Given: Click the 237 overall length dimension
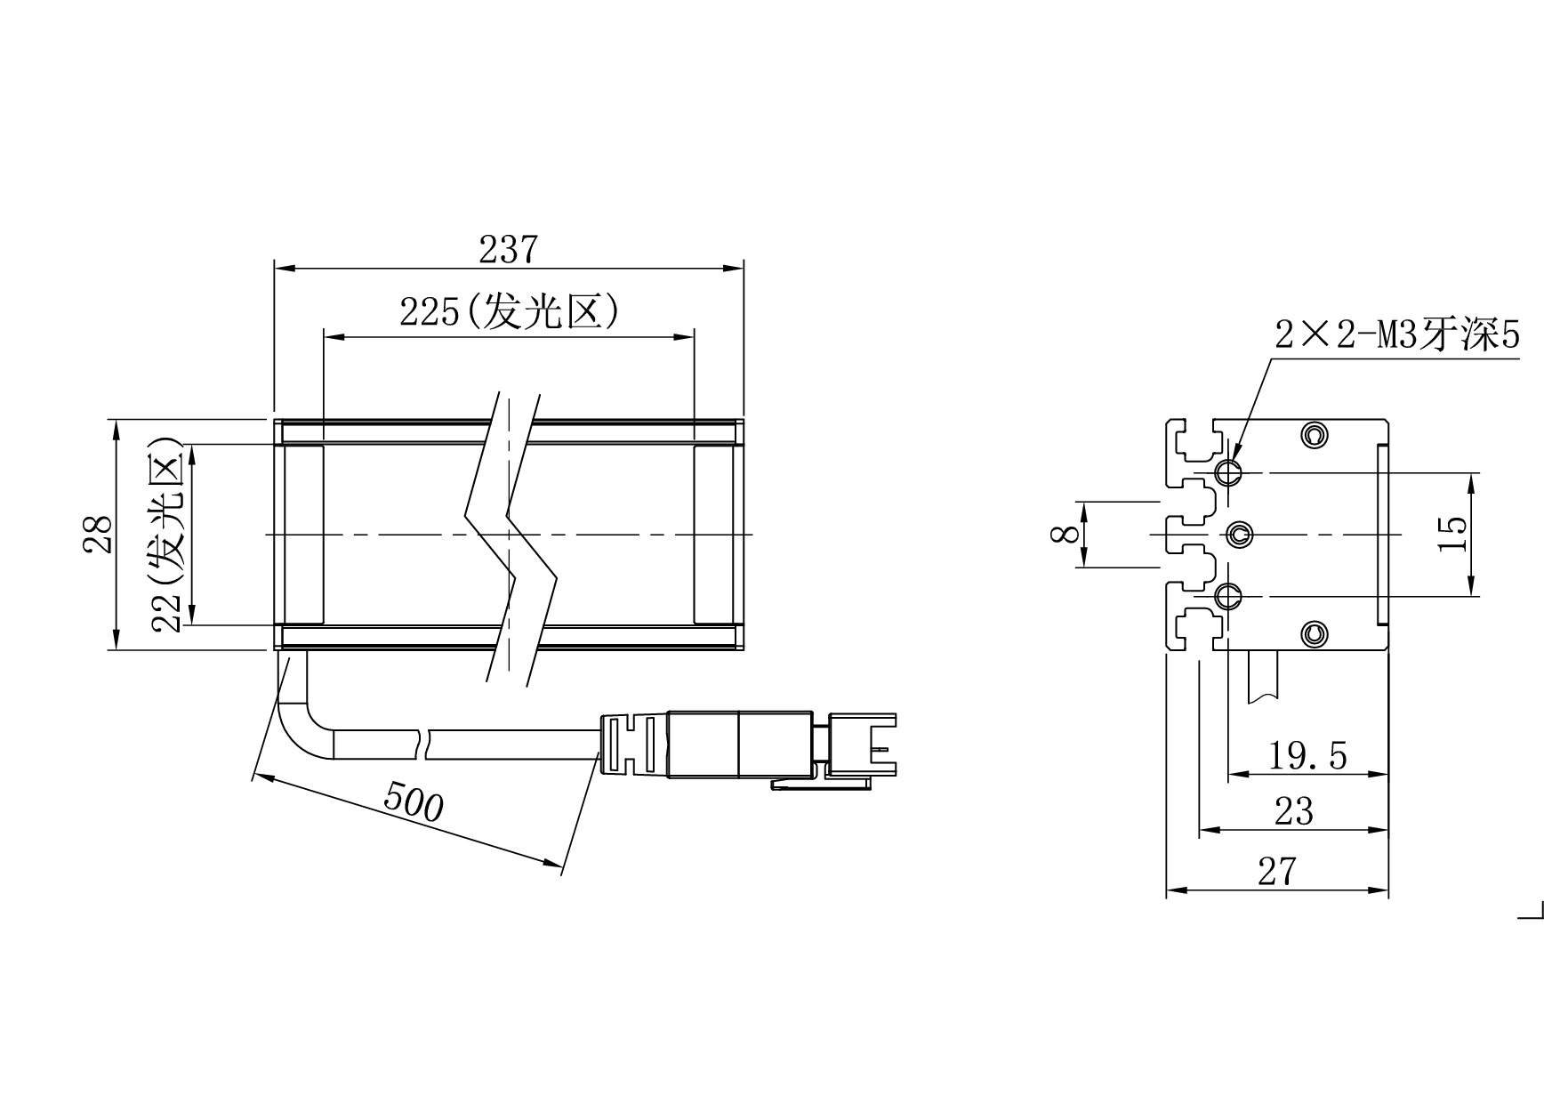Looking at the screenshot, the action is (509, 250).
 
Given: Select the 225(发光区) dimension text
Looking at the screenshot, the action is (509, 312).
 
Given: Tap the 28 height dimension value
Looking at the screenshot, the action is (99, 535).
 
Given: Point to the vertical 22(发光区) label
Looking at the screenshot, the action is (167, 535).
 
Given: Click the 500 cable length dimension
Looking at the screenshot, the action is (413, 804).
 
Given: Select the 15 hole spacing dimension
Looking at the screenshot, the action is (1451, 534).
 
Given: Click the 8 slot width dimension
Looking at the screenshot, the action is (1065, 534).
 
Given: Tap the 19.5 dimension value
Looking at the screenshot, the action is (1307, 756).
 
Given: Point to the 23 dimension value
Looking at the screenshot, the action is (1294, 811).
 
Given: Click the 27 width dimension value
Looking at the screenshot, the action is (1277, 871).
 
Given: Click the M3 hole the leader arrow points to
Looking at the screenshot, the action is (1229, 472).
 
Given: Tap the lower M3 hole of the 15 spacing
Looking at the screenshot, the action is (1229, 595).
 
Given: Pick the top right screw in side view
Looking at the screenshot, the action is (1314, 435).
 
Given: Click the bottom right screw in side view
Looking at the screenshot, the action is (1314, 633).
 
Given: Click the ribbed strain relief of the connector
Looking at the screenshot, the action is (633, 743).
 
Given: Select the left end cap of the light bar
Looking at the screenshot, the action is (302, 535).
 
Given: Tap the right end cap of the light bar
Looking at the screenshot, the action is (714, 535).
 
